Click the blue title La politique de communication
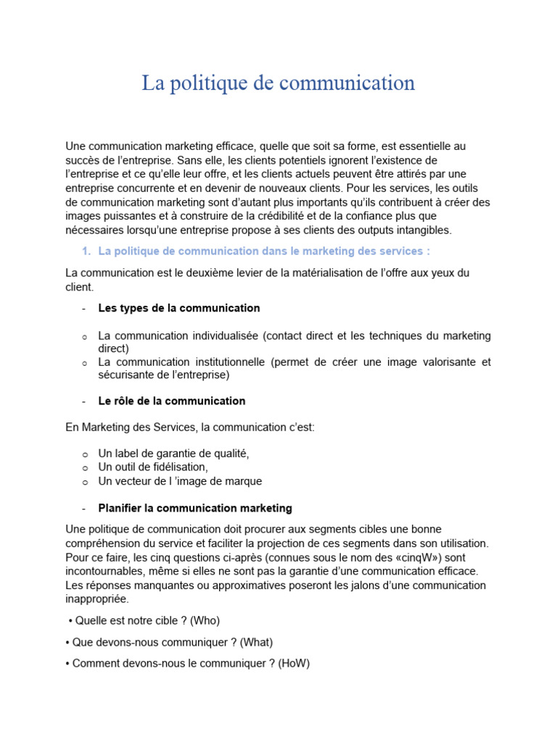click(278, 83)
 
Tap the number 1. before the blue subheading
click(85, 251)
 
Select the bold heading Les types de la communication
click(178, 308)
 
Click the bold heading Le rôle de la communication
click(172, 401)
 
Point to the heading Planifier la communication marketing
click(195, 508)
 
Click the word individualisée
click(207, 336)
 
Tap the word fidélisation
click(176, 467)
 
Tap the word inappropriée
click(96, 599)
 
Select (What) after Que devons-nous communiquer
click(256, 642)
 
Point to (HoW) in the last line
click(294, 663)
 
